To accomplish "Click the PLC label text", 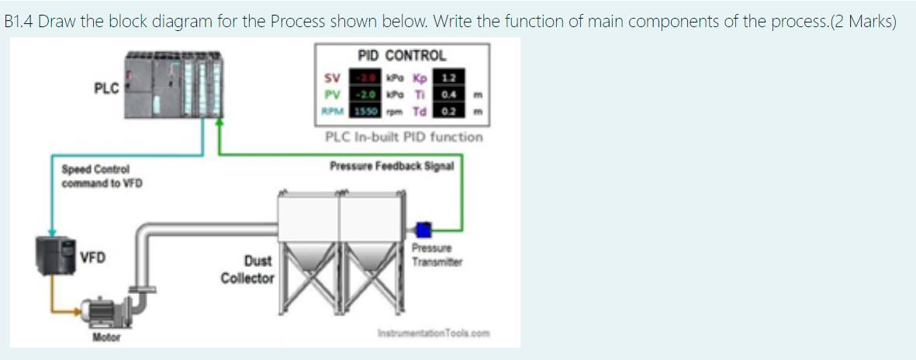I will (106, 88).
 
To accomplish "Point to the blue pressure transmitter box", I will (423, 229).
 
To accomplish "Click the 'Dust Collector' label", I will (247, 269).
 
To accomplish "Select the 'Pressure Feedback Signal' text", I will (392, 165).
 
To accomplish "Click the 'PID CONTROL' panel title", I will (402, 56).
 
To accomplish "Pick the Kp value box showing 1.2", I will (448, 78).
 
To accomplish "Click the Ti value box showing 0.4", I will (448, 95).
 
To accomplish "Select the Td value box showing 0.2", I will (448, 111).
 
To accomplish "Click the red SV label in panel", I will (332, 78).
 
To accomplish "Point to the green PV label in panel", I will (332, 95).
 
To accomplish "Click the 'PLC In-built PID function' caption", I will (403, 137).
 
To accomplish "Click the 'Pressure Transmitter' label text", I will (437, 255).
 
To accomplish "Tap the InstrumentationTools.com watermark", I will (433, 334).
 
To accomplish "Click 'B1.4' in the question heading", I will (19, 21).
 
